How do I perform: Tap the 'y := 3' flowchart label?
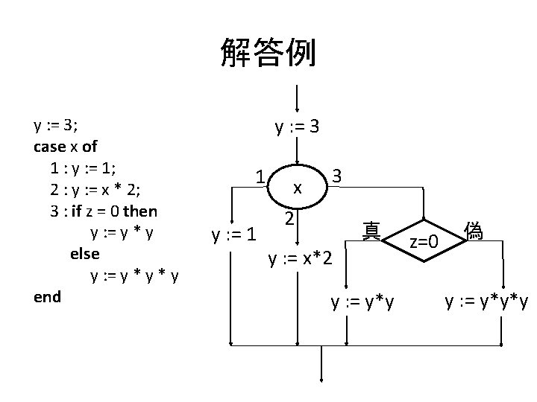(x=298, y=127)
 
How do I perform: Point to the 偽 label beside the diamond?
(x=473, y=230)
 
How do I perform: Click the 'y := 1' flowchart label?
(x=233, y=235)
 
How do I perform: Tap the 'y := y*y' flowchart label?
(x=363, y=302)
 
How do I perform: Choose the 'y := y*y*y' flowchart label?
(x=486, y=302)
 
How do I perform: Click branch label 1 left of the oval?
(x=259, y=178)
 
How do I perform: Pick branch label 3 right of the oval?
(x=336, y=176)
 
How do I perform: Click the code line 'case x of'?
(x=66, y=147)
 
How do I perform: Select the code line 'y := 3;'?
(x=56, y=124)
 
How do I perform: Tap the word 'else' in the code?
(x=84, y=253)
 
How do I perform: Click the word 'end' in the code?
(x=47, y=296)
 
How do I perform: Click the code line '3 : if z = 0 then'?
(x=104, y=211)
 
